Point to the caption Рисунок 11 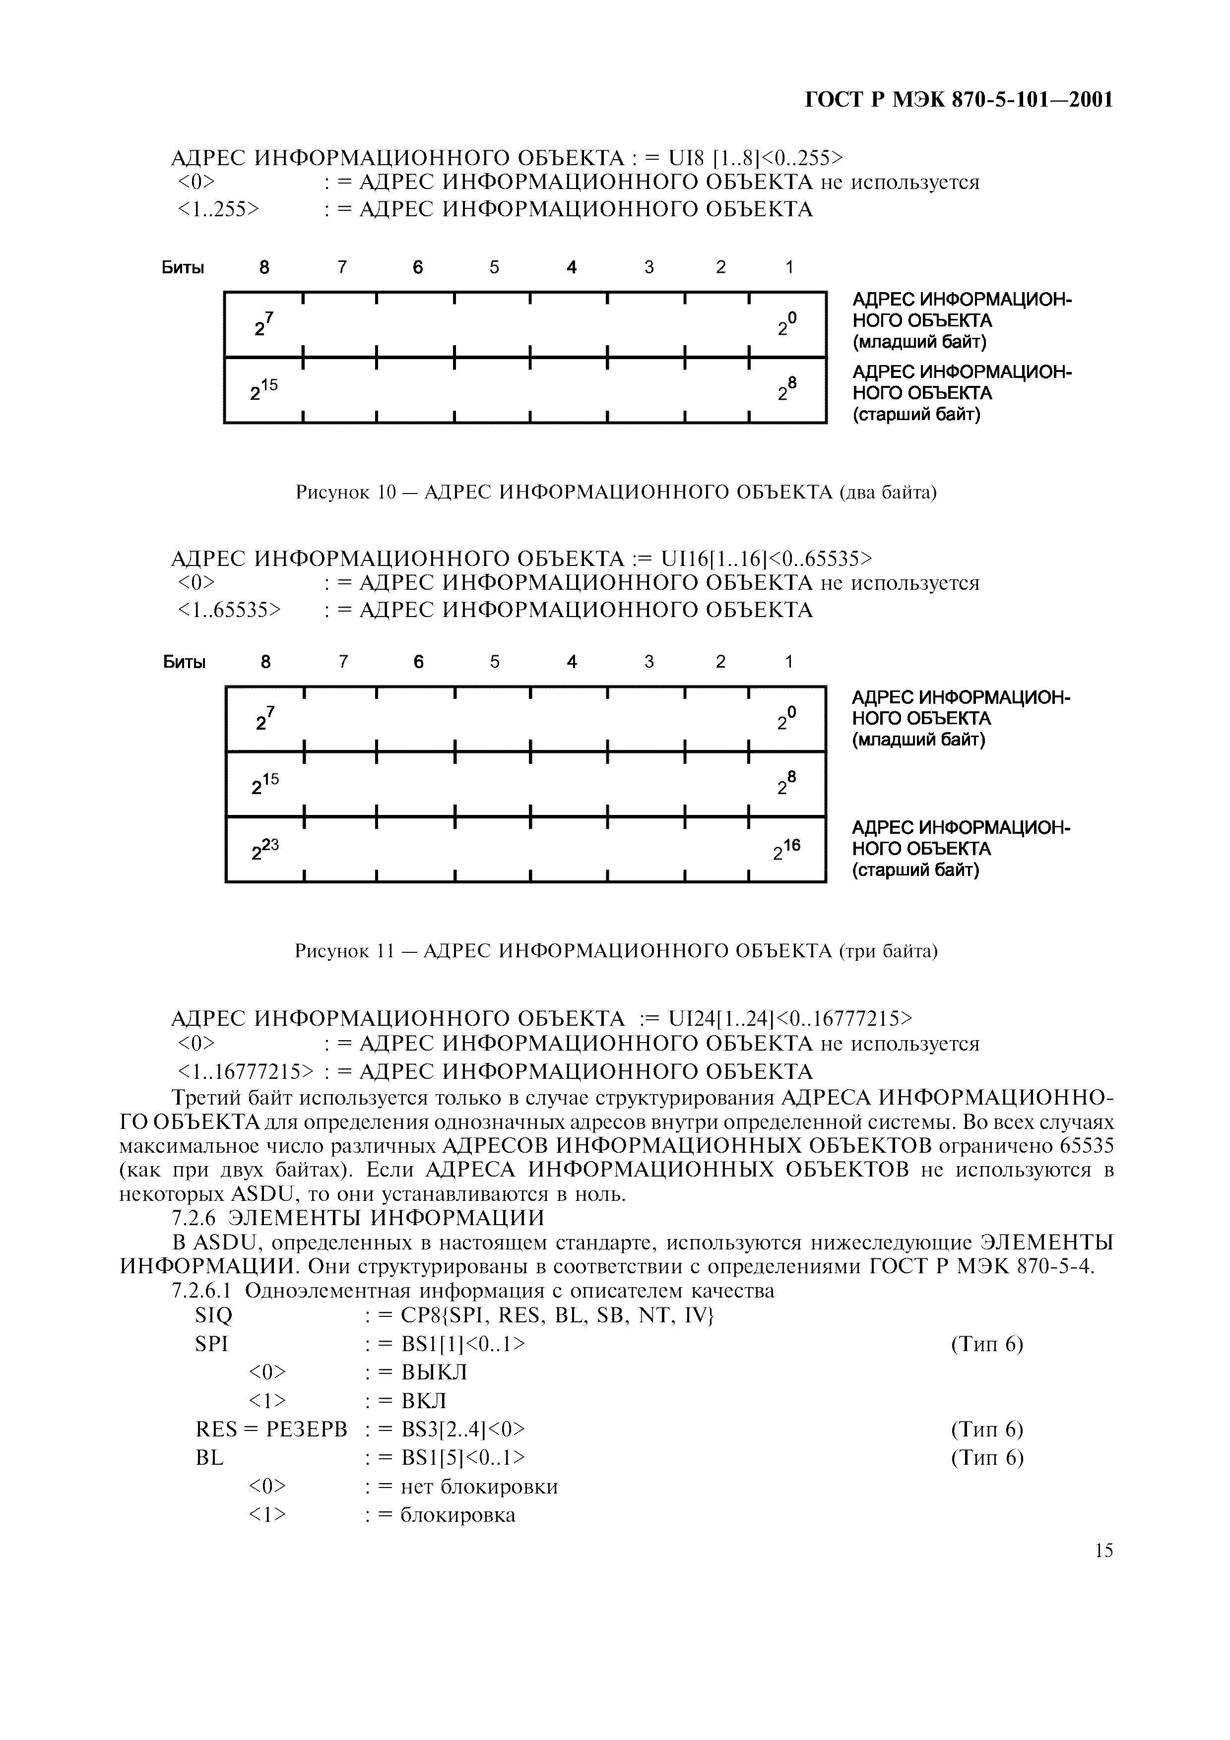point(615,950)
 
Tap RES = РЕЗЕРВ point(270,1429)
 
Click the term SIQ point(214,1315)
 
